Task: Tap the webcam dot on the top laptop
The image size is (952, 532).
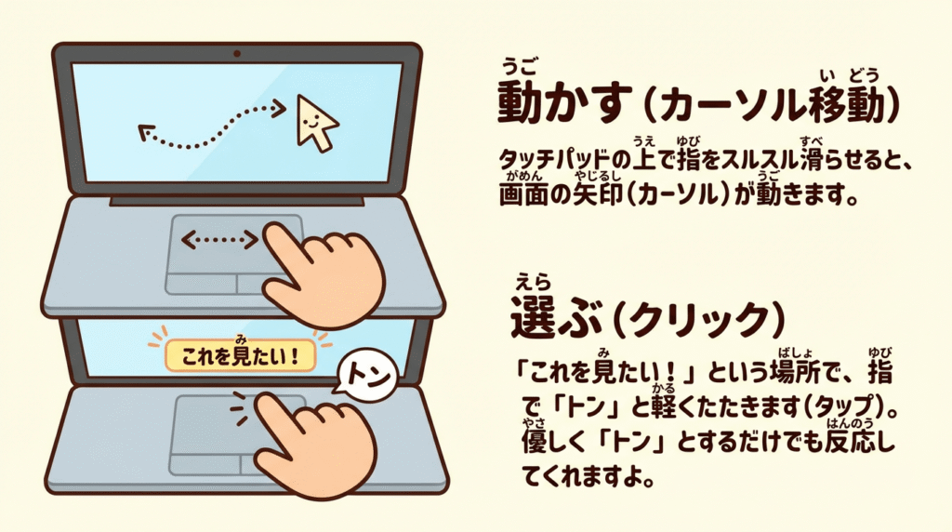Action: (237, 53)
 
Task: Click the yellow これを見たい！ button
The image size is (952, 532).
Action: (241, 355)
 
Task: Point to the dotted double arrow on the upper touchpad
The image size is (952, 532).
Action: (219, 240)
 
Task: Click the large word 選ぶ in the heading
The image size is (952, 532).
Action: (556, 316)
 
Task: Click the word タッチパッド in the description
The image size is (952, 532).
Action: (554, 160)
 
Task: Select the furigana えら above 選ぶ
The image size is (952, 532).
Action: (533, 283)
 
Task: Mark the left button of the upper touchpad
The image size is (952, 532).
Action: (202, 285)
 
